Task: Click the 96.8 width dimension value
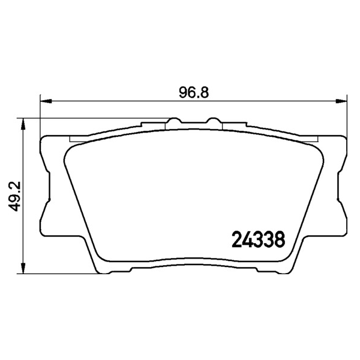click(x=194, y=93)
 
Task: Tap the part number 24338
click(x=258, y=239)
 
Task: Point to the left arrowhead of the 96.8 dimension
click(x=46, y=101)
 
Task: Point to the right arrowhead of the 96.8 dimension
click(x=341, y=101)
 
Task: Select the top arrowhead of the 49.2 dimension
click(x=23, y=124)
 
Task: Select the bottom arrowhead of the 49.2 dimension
click(x=23, y=268)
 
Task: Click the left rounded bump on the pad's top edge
click(x=174, y=120)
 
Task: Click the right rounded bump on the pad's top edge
click(x=214, y=120)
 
